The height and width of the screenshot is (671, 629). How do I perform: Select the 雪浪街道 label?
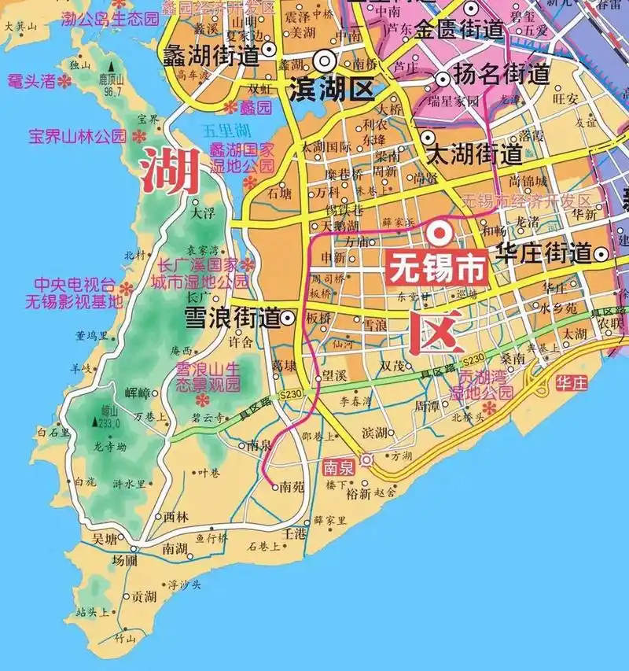[231, 317]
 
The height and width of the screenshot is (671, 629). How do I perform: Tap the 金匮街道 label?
[459, 30]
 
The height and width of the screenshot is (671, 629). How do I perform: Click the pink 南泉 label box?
[339, 466]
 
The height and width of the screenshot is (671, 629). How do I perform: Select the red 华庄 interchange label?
[571, 384]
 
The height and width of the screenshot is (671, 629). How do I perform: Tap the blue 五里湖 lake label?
[225, 128]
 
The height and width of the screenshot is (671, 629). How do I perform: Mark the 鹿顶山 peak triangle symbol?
[112, 68]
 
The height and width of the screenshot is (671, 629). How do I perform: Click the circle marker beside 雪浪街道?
[289, 319]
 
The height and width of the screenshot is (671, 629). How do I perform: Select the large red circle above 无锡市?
[439, 232]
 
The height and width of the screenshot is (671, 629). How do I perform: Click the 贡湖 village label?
[144, 597]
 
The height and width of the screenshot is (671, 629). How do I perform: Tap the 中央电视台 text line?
[74, 284]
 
